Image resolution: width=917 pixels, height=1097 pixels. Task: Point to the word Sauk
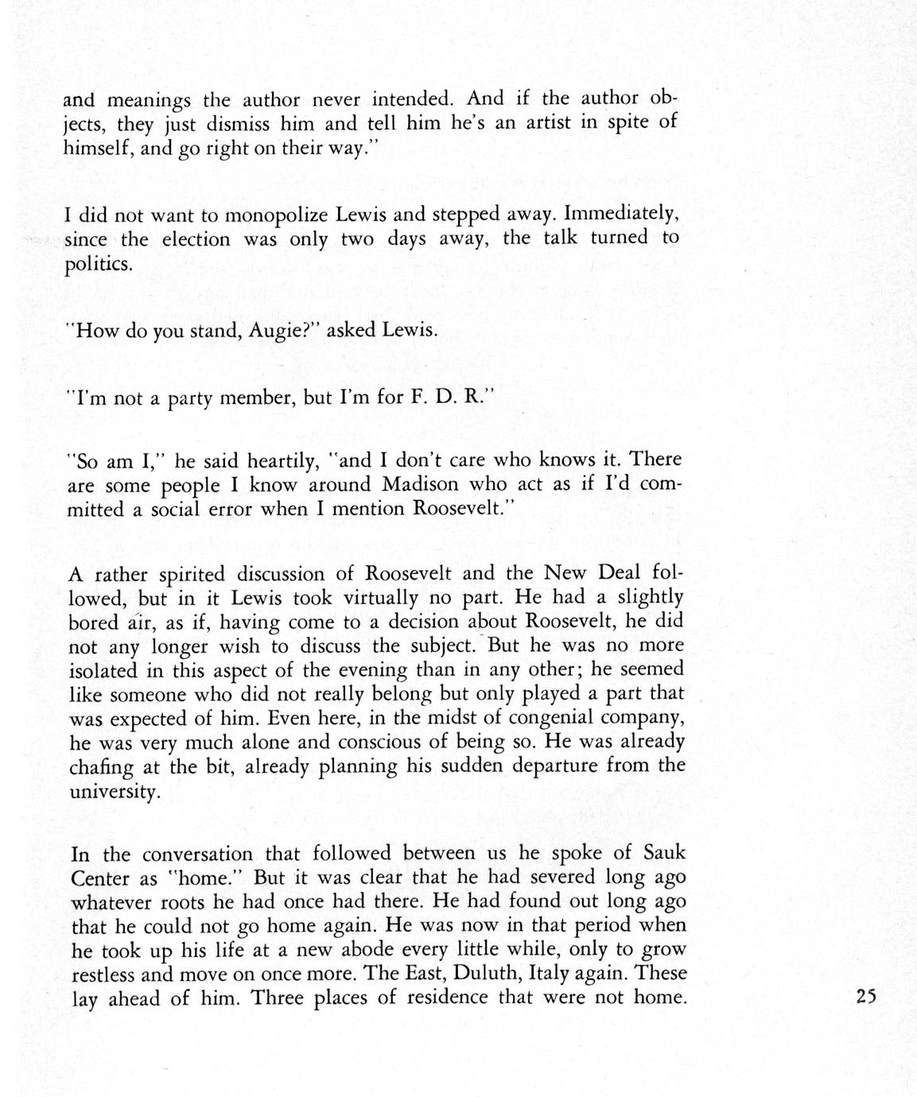663,853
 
